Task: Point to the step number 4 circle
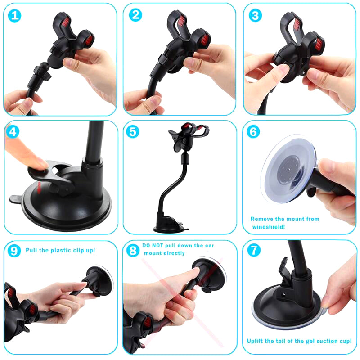[x=14, y=132]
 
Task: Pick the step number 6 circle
[x=254, y=132]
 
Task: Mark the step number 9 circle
[x=14, y=250]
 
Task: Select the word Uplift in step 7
[x=256, y=341]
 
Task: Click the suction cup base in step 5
[x=169, y=225]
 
